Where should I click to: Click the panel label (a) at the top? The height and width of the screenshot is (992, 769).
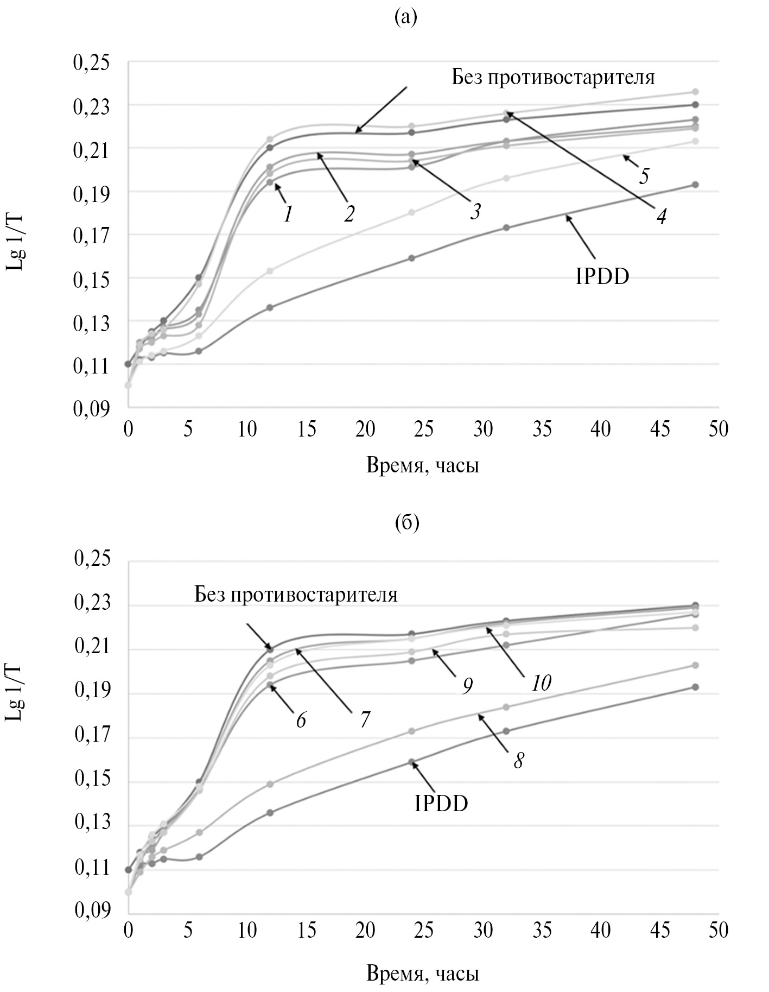(406, 18)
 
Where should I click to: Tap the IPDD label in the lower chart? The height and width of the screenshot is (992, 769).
(441, 803)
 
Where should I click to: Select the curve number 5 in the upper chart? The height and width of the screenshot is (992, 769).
(644, 176)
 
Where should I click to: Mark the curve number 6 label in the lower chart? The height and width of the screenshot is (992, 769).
(301, 720)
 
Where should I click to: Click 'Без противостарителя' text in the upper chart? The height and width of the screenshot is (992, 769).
(553, 78)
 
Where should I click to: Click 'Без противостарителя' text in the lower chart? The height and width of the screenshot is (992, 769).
(296, 595)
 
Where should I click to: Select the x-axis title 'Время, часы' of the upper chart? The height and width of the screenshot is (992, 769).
(423, 465)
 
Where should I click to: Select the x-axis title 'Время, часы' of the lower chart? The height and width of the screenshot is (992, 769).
(423, 973)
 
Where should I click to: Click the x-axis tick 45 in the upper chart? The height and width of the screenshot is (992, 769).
(660, 429)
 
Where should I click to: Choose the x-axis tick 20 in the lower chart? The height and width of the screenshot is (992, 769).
(365, 930)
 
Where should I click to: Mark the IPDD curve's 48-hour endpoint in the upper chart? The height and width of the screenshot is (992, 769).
(695, 185)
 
